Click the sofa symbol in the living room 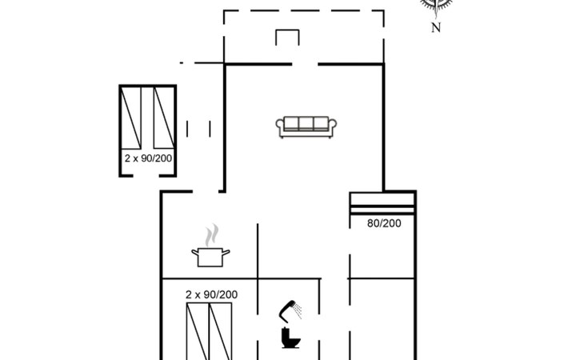(x=306, y=127)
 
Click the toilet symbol (x=290, y=338)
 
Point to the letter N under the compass (x=436, y=27)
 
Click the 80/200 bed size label (x=384, y=223)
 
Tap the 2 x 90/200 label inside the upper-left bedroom (x=148, y=158)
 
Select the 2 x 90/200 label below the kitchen (x=211, y=295)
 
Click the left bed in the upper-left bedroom (x=131, y=118)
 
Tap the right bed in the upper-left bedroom (x=164, y=118)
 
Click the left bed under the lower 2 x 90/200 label (x=198, y=331)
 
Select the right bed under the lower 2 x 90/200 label (x=221, y=331)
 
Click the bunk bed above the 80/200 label (x=382, y=203)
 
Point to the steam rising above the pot (x=211, y=235)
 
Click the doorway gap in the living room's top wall (x=305, y=65)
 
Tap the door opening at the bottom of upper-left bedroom (x=146, y=175)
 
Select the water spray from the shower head (x=298, y=310)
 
